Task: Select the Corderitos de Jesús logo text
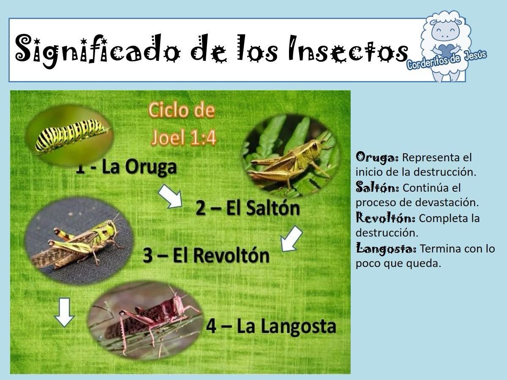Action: coord(447,61)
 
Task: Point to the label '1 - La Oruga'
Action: coord(126,167)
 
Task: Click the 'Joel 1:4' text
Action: coord(184,138)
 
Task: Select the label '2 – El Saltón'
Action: coord(248,208)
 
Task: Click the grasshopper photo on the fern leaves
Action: coord(291,156)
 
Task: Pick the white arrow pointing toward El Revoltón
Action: coord(291,239)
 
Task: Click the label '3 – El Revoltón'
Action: coord(206,255)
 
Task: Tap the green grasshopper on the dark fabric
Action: coord(78,242)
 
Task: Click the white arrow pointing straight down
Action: coord(64,312)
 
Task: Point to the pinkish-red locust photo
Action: coord(145,321)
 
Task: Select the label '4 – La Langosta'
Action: coord(271,326)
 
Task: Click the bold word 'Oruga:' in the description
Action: coord(377,157)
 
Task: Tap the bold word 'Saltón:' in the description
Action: coord(377,187)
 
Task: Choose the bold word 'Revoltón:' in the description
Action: coord(385,218)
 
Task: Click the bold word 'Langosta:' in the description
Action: coord(386,249)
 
